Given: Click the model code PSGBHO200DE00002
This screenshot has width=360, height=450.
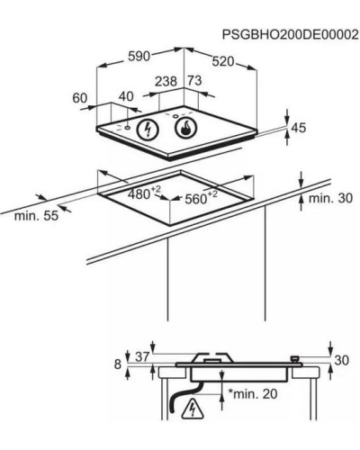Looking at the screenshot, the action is pyautogui.click(x=290, y=35).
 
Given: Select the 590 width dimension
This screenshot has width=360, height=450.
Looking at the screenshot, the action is pyautogui.click(x=139, y=57).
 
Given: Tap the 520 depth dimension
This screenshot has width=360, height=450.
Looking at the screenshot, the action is pyautogui.click(x=223, y=62).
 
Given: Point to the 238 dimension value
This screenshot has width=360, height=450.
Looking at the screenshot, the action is pyautogui.click(x=166, y=81).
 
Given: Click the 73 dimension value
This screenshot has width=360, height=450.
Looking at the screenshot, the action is pyautogui.click(x=194, y=81).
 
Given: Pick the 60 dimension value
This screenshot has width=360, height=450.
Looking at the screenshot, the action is pyautogui.click(x=80, y=98).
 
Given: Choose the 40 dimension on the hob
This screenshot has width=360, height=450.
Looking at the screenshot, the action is pyautogui.click(x=126, y=96).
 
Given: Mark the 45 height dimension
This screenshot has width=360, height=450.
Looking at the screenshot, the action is pyautogui.click(x=299, y=128).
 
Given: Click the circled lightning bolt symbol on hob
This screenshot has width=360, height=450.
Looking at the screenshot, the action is pyautogui.click(x=147, y=130).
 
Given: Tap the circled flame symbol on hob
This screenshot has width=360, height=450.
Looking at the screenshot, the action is pyautogui.click(x=185, y=128).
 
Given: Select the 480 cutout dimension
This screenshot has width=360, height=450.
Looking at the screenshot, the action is pyautogui.click(x=144, y=193).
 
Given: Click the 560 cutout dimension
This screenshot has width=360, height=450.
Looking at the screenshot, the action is pyautogui.click(x=201, y=197).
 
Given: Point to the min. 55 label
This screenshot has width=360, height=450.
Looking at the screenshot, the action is pyautogui.click(x=36, y=215).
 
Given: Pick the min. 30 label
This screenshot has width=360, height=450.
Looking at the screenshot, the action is pyautogui.click(x=330, y=198).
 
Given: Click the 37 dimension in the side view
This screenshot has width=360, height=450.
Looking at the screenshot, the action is pyautogui.click(x=142, y=356).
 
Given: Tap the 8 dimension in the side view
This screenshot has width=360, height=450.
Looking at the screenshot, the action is pyautogui.click(x=118, y=364).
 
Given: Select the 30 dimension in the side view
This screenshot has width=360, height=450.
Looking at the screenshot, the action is pyautogui.click(x=342, y=360).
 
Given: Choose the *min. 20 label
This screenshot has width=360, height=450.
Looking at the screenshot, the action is pyautogui.click(x=253, y=393).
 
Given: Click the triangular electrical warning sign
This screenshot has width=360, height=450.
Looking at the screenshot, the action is pyautogui.click(x=192, y=409).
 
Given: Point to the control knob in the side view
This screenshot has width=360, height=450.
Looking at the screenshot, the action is pyautogui.click(x=296, y=359).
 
